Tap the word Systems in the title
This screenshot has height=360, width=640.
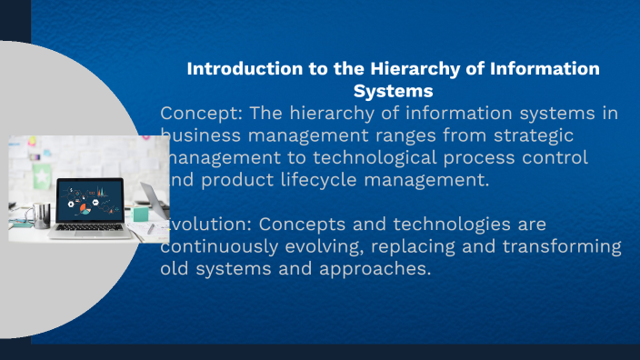click(393, 91)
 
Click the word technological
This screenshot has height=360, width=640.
click(339, 157)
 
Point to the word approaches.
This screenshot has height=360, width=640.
click(379, 269)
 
